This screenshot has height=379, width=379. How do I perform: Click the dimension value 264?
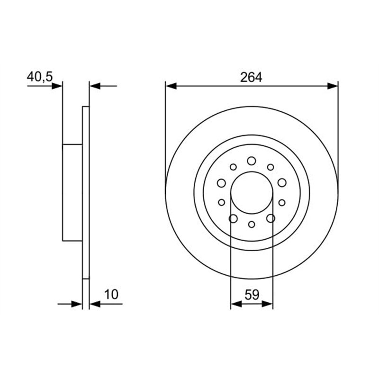click(251, 77)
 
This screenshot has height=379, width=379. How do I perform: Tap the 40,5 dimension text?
click(39, 77)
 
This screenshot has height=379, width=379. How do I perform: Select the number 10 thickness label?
click(111, 294)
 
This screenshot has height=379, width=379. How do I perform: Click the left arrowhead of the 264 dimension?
click(171, 86)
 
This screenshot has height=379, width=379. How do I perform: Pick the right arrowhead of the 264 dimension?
click(333, 86)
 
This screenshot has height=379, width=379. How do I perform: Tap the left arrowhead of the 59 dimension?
click(235, 303)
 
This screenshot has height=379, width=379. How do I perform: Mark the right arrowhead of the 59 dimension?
click(268, 303)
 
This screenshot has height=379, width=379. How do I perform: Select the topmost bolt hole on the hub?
click(252, 161)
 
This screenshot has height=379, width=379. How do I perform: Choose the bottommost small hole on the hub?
click(252, 224)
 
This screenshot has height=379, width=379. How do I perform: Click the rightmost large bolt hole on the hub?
click(282, 183)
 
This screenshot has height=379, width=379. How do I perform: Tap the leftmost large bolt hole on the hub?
click(221, 183)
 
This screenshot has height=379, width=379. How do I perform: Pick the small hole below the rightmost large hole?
click(282, 202)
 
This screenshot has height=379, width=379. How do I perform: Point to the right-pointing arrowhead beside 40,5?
click(57, 86)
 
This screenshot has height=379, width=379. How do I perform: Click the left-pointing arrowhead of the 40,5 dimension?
click(95, 86)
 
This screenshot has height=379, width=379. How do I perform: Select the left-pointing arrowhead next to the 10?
click(95, 303)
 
